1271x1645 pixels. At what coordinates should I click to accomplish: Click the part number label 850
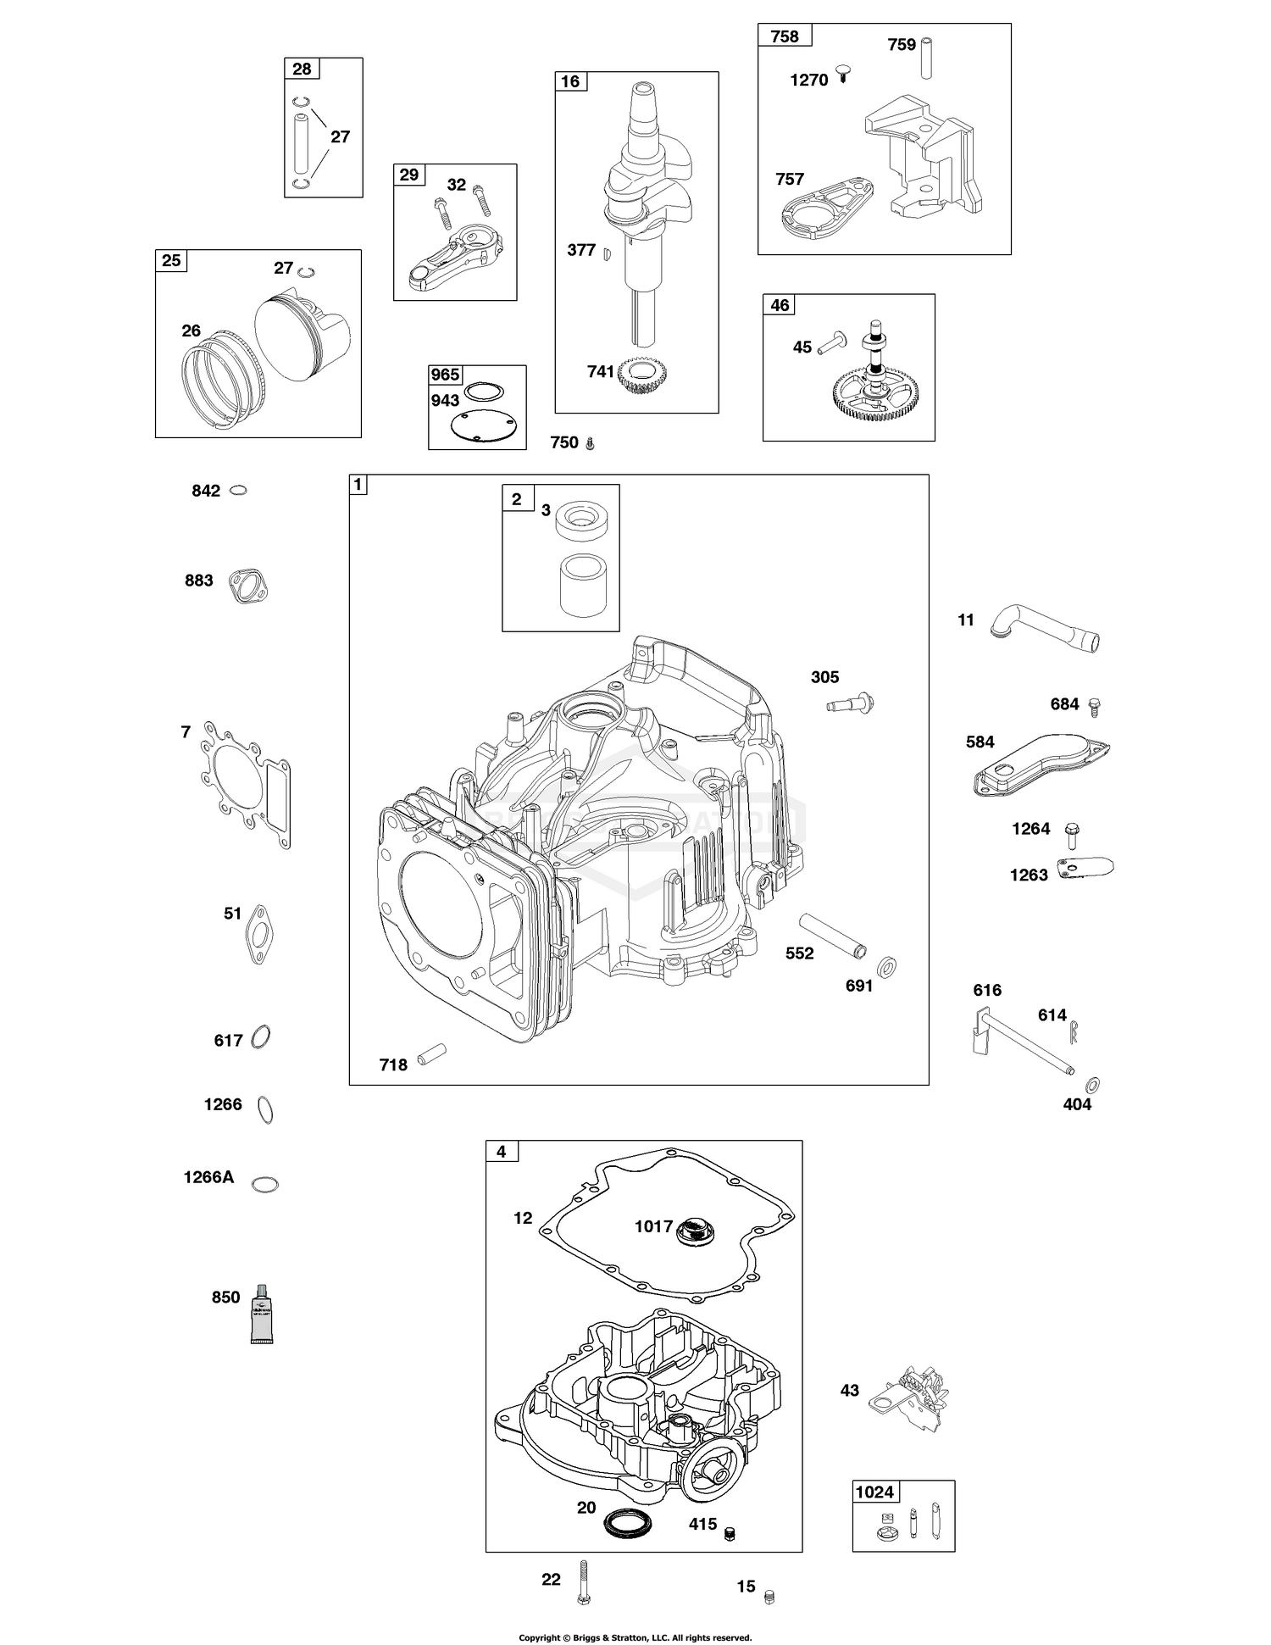pos(225,1297)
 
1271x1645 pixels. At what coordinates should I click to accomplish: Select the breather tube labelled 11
pos(1047,625)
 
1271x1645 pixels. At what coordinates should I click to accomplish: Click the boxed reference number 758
pos(785,36)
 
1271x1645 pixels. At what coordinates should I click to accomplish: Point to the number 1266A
pos(208,1177)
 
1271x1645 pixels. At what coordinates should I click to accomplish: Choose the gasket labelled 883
pos(248,586)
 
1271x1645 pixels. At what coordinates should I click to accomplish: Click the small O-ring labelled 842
pos(239,491)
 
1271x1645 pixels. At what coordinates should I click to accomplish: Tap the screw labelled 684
pos(1094,705)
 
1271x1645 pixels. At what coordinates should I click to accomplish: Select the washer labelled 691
pos(887,966)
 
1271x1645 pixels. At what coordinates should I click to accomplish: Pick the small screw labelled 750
pos(591,443)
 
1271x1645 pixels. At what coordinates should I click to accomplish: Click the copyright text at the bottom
pos(635,1637)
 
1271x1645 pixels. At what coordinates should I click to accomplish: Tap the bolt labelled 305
pos(851,703)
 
